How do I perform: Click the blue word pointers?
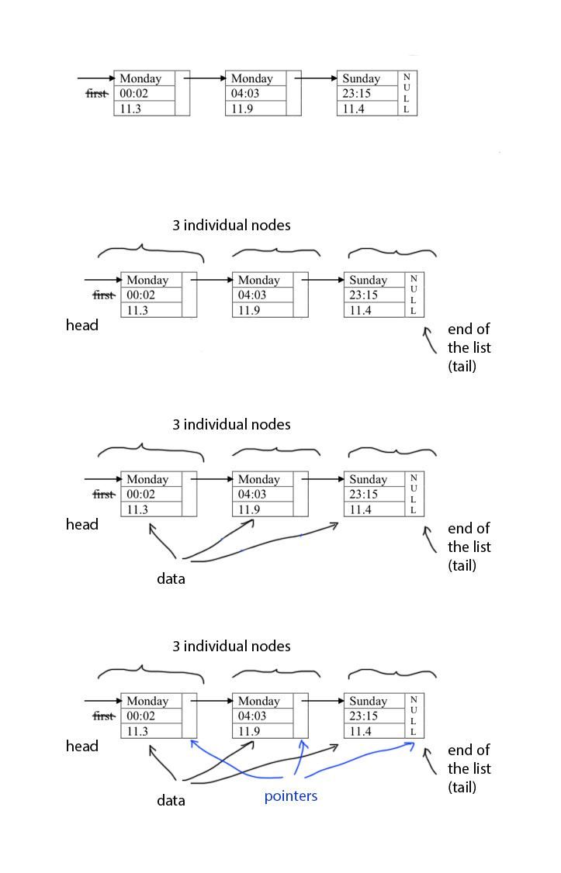click(x=291, y=796)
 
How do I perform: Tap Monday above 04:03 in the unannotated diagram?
click(x=252, y=78)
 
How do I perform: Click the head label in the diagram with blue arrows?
click(x=81, y=746)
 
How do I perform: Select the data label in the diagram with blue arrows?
click(x=171, y=800)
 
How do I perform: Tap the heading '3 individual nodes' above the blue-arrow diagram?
click(x=231, y=646)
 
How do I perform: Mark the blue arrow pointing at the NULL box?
click(x=357, y=763)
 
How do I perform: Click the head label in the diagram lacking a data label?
click(x=81, y=325)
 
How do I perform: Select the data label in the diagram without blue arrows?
click(x=171, y=578)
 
